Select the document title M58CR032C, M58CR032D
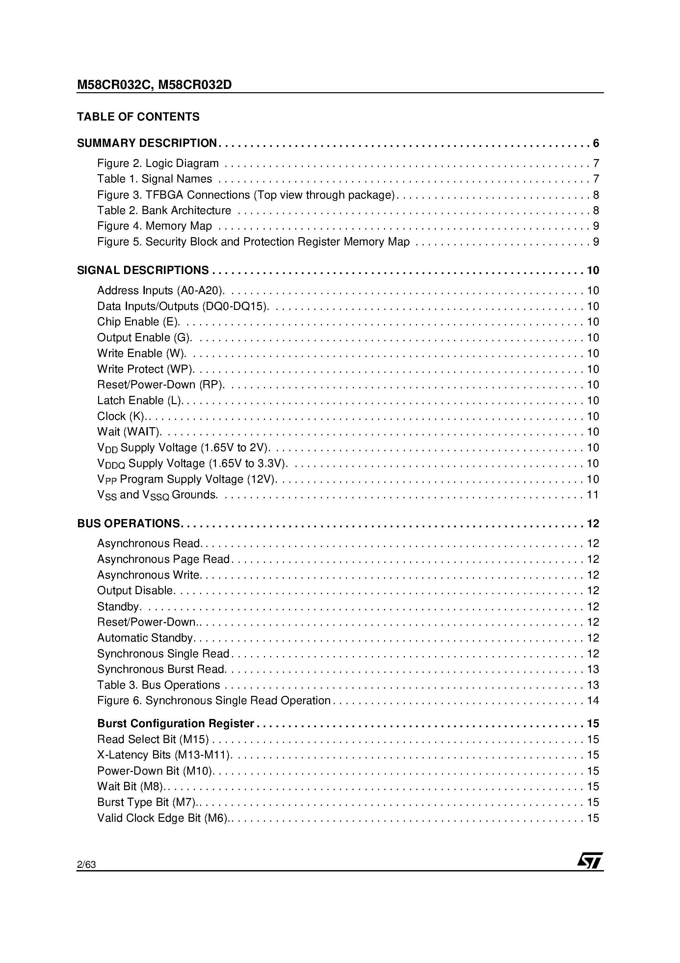click(154, 85)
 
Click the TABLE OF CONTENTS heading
click(138, 117)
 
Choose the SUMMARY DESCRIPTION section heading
click(147, 144)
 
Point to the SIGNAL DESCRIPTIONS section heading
click(143, 270)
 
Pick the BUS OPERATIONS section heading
click(129, 523)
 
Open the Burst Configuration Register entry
click(176, 724)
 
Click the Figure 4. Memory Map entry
click(155, 226)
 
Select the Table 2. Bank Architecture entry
click(164, 210)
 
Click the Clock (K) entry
click(121, 417)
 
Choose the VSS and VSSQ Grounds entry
click(157, 495)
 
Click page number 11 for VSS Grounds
click(593, 495)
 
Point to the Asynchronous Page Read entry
click(164, 560)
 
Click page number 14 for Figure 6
click(593, 701)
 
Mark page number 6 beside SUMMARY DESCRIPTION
click(596, 144)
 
